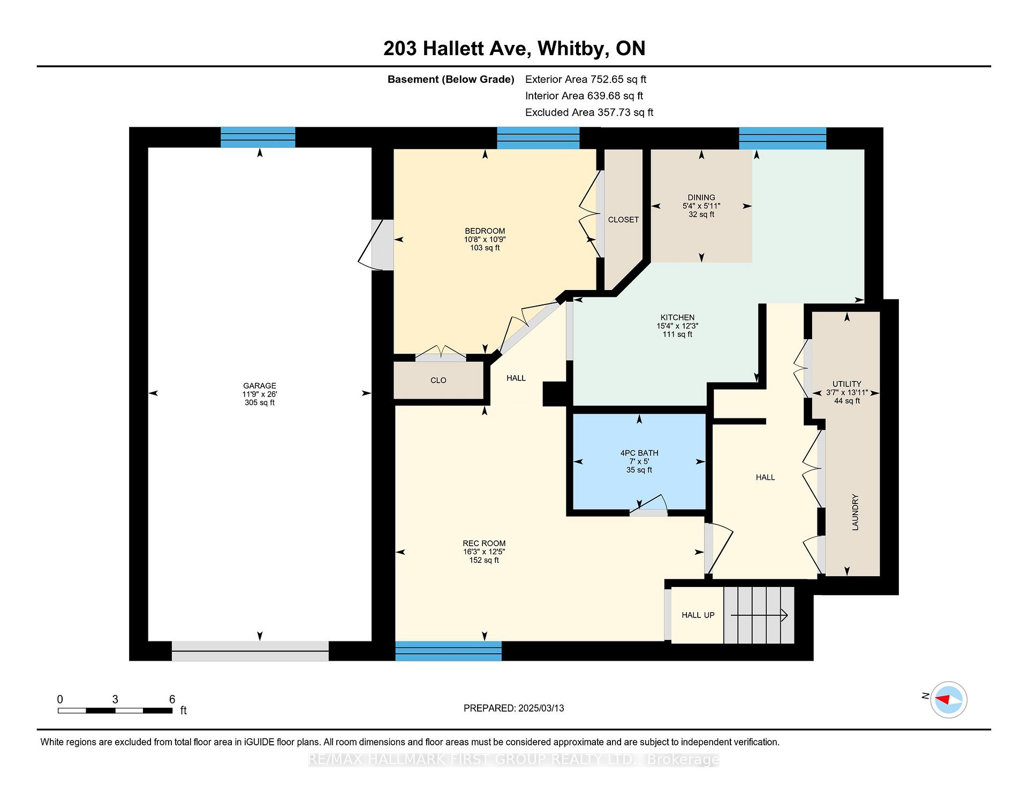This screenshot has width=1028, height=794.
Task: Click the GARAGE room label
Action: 260,385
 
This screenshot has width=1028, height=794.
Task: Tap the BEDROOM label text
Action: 485,231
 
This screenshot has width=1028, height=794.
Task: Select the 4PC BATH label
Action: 639,453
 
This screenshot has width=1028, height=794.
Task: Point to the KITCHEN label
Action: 677,317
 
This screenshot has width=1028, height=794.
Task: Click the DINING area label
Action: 701,197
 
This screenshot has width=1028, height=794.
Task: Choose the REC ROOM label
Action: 485,543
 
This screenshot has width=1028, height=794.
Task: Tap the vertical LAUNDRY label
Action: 855,512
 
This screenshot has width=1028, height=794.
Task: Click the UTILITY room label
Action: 847,384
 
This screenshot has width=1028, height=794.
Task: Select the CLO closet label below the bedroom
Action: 439,380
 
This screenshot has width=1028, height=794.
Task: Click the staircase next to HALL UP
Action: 759,615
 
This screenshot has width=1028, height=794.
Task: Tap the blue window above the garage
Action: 258,137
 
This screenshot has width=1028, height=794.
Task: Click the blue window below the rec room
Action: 449,651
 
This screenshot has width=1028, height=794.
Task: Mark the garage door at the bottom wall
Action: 250,651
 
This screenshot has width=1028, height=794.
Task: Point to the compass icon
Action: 948,699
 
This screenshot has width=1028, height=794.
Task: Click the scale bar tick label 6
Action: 172,699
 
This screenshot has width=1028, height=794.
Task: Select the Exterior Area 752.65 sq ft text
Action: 586,79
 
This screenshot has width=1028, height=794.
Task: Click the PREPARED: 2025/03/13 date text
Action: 514,708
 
